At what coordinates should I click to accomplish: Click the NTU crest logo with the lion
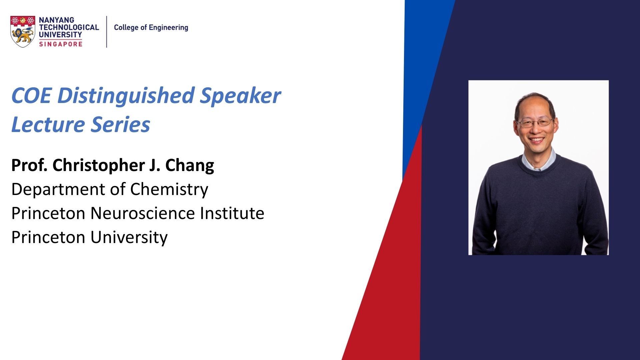pyautogui.click(x=23, y=32)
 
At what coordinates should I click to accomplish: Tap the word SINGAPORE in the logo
pyautogui.click(x=61, y=44)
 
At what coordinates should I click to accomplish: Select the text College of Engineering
pyautogui.click(x=151, y=28)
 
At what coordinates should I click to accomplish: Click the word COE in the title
pyautogui.click(x=31, y=96)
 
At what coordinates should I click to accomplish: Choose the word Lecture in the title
pyautogui.click(x=48, y=125)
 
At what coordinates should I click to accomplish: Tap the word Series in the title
pyautogui.click(x=121, y=125)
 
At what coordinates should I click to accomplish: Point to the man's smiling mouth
pyautogui.click(x=537, y=140)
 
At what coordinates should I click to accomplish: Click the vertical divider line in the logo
pyautogui.click(x=107, y=32)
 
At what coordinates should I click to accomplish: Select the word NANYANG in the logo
pyautogui.click(x=56, y=20)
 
